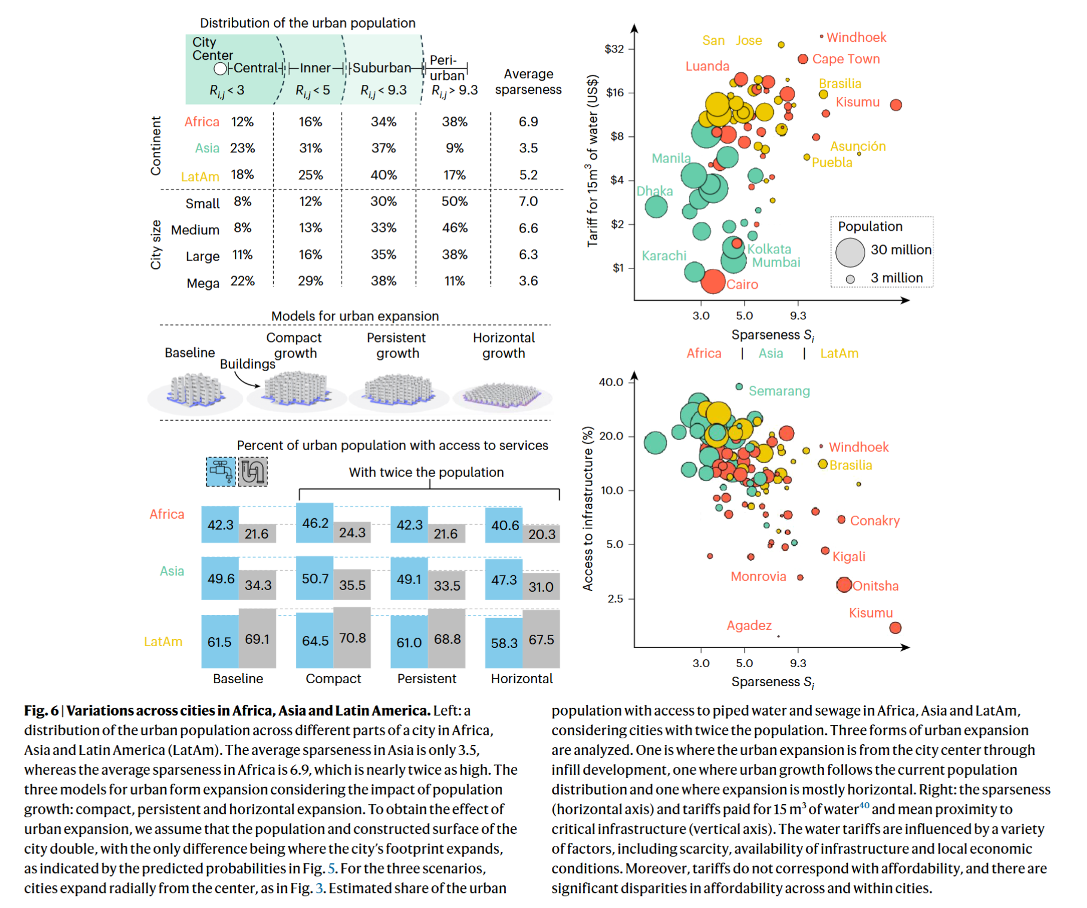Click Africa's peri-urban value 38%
(454, 122)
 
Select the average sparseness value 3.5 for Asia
(528, 148)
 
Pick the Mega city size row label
(203, 283)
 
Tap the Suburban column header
(381, 68)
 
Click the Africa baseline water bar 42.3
(220, 525)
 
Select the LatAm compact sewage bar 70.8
(352, 638)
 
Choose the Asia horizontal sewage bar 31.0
(541, 587)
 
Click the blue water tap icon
(221, 471)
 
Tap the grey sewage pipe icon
(253, 471)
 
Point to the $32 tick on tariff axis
(614, 48)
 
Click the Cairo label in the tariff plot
(742, 285)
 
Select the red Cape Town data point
(803, 59)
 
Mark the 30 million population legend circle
(850, 252)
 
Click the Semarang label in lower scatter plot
(779, 391)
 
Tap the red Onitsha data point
(844, 585)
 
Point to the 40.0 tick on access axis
(611, 382)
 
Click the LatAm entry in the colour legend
(839, 353)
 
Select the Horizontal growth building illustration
(502, 395)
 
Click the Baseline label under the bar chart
(238, 678)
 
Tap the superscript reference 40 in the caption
(864, 805)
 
